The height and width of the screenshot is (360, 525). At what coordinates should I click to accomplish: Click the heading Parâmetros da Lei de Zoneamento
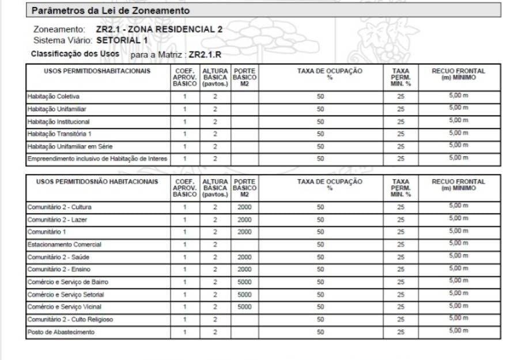coord(110,10)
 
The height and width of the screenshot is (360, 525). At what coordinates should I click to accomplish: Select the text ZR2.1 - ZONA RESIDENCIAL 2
coord(159,29)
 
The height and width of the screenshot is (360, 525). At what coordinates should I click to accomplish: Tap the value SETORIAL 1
coord(123,40)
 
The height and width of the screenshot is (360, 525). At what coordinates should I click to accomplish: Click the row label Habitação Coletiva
coord(53,96)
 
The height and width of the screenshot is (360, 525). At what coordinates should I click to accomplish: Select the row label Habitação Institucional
coord(59,122)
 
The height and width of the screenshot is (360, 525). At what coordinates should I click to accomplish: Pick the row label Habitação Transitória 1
coord(59,134)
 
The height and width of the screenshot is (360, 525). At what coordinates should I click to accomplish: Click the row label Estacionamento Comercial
coord(61,244)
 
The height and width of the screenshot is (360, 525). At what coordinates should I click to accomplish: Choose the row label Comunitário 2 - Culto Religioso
coord(70,319)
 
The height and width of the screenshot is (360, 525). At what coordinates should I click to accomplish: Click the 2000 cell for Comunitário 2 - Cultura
coord(244,207)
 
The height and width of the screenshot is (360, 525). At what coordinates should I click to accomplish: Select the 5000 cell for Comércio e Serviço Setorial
coord(244,294)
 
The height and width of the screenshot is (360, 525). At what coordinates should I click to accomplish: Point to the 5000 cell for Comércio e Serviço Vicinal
coord(244,307)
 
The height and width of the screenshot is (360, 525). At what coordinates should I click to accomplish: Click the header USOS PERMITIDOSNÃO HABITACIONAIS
coord(97,182)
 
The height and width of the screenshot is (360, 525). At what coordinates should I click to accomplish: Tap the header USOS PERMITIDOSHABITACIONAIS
coord(97,71)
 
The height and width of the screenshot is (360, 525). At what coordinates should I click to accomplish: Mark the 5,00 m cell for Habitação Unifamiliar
coord(459,108)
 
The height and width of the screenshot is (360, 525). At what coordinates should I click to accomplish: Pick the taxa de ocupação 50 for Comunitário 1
coord(320,232)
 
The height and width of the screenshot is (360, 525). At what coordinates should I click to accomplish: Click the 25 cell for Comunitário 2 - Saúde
coord(401,257)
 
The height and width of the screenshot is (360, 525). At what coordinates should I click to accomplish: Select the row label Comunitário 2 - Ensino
coord(59,269)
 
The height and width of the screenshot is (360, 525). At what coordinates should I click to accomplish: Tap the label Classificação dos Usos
coord(75,54)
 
